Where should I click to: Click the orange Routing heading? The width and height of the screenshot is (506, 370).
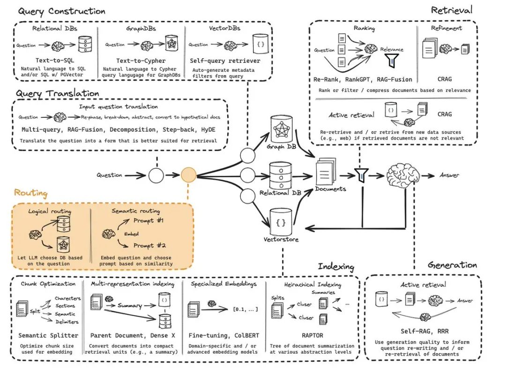pyautogui.click(x=30, y=193)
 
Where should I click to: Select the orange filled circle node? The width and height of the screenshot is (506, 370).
pyautogui.click(x=188, y=175)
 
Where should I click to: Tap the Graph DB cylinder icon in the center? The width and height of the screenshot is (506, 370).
pyautogui.click(x=281, y=130)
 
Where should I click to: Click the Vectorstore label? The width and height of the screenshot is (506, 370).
pyautogui.click(x=281, y=240)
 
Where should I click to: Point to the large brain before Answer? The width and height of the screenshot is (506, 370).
pyautogui.click(x=402, y=175)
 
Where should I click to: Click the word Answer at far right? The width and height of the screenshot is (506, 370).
pyautogui.click(x=449, y=175)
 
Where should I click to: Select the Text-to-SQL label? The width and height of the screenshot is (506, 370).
pyautogui.click(x=55, y=61)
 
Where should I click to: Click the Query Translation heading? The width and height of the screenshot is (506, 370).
pyautogui.click(x=58, y=93)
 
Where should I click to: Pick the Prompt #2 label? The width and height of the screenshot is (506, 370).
pyautogui.click(x=149, y=245)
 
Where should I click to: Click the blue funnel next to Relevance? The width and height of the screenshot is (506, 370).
pyautogui.click(x=392, y=61)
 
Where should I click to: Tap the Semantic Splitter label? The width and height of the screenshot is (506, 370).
pyautogui.click(x=47, y=336)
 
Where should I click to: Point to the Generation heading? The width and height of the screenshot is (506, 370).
pyautogui.click(x=452, y=265)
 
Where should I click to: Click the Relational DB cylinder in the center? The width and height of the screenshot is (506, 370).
pyautogui.click(x=281, y=176)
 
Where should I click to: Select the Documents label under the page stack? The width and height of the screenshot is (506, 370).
pyautogui.click(x=330, y=189)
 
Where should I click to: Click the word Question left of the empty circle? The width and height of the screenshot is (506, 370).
pyautogui.click(x=109, y=175)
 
